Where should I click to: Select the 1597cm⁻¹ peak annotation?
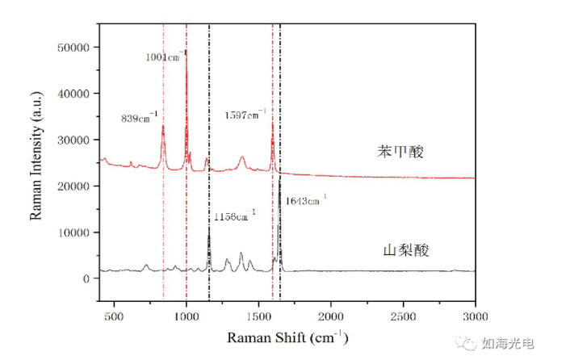(245, 115)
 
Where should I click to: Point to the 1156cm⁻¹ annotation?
(235, 216)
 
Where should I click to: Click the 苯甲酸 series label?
(400, 151)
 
